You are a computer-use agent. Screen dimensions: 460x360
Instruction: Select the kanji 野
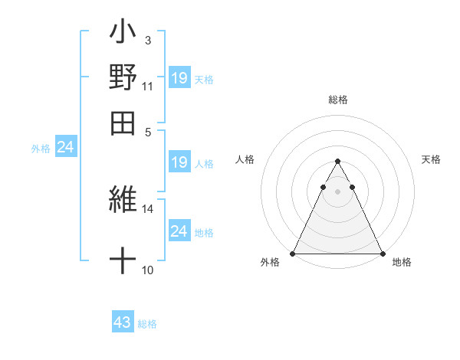click(123, 77)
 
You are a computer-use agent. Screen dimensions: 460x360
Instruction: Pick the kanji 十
click(123, 261)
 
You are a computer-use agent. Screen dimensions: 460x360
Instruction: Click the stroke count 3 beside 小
click(147, 41)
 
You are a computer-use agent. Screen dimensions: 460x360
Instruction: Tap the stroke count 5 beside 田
click(148, 131)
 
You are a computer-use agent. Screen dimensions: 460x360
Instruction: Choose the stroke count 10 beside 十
click(148, 270)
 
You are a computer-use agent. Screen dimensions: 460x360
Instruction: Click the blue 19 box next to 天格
click(179, 78)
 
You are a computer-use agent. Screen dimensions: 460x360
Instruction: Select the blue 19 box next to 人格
click(179, 162)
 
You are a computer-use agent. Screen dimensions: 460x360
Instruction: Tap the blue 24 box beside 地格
click(179, 231)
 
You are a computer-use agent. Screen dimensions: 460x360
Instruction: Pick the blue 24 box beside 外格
click(66, 148)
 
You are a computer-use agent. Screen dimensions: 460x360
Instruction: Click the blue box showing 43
click(123, 322)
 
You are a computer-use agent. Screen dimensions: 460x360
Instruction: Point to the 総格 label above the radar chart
click(338, 100)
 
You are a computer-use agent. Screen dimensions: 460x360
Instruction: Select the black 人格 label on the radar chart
click(245, 159)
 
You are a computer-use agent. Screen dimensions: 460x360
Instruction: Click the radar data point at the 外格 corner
click(294, 253)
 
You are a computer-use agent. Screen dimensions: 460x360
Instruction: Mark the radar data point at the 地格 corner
click(382, 253)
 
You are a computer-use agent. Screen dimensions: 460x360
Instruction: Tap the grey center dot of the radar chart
click(337, 192)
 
